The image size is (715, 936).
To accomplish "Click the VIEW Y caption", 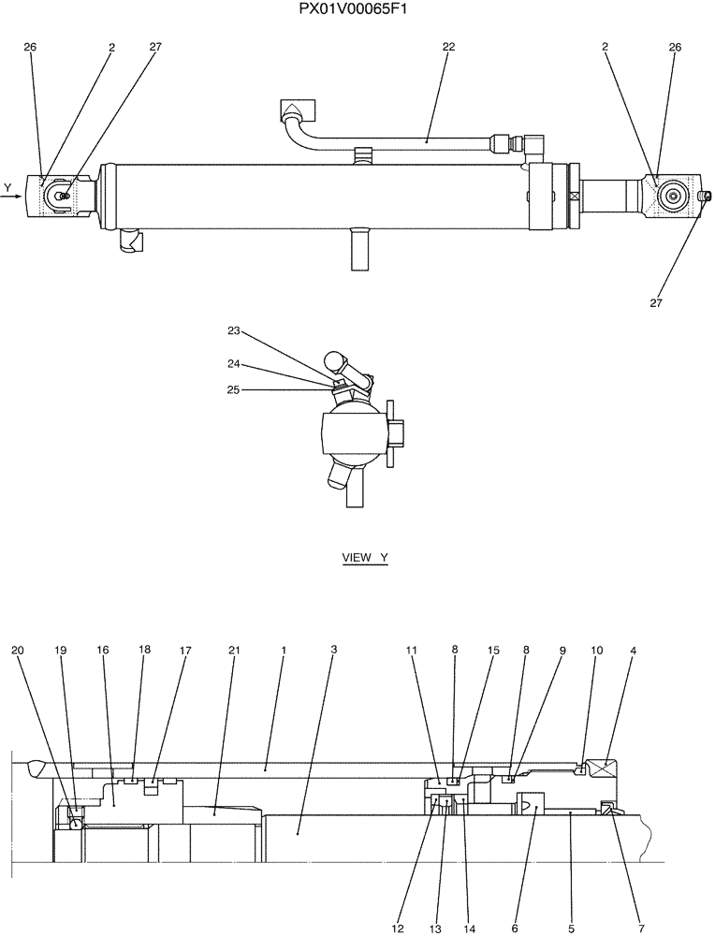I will pos(364,558).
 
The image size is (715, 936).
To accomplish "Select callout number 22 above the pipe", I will pos(448,46).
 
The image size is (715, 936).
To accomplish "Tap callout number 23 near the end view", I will pos(234,330).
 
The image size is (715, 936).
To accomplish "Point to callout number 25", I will pos(234,389).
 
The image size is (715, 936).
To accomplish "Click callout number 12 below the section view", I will pos(399,928).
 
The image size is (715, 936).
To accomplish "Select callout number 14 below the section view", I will pos(469,928).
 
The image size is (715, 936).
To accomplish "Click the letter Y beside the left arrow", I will pos(7,188).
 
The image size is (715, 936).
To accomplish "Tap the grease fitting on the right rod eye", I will pos(706,196).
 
